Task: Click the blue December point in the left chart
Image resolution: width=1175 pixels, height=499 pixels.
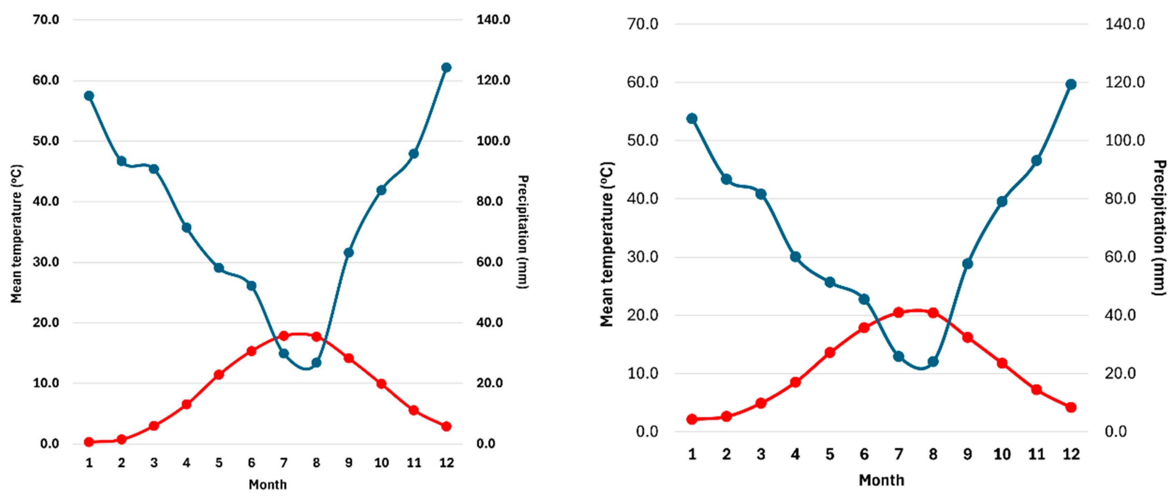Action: click(x=446, y=68)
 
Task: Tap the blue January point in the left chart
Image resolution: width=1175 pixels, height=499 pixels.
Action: click(x=89, y=96)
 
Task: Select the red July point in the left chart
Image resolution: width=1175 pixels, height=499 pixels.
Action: click(x=284, y=336)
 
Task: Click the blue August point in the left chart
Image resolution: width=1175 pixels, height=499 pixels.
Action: click(x=316, y=363)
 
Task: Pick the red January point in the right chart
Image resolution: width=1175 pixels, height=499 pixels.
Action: click(x=692, y=419)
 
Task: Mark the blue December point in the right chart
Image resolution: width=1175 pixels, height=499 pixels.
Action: click(x=1071, y=84)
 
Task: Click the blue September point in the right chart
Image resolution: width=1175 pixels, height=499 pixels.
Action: click(x=967, y=264)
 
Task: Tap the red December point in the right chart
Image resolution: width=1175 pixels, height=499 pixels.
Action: click(x=1071, y=407)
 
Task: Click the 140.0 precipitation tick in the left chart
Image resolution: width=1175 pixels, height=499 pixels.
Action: click(x=493, y=20)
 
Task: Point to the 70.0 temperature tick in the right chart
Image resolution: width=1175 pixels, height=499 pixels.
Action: click(x=643, y=24)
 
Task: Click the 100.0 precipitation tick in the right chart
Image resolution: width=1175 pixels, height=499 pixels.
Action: click(x=1124, y=140)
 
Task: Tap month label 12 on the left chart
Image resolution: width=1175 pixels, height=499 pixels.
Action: click(x=446, y=463)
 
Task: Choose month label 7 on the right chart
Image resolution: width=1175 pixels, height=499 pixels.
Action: click(x=899, y=454)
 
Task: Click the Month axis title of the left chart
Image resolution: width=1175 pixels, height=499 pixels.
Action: click(x=268, y=484)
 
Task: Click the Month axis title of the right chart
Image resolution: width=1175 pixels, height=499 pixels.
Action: click(x=881, y=480)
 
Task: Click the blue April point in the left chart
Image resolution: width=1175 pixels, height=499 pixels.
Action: click(x=186, y=228)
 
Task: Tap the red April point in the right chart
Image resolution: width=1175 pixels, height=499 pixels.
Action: click(x=796, y=382)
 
